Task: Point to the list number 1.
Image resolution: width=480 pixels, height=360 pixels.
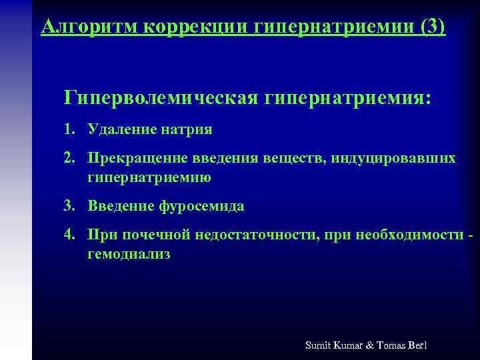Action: (69, 129)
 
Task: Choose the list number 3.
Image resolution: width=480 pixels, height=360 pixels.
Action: (69, 206)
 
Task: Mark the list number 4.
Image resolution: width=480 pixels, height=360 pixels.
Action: (69, 235)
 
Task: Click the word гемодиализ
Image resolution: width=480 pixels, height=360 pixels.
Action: (129, 254)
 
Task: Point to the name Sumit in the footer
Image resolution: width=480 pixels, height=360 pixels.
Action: (318, 345)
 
